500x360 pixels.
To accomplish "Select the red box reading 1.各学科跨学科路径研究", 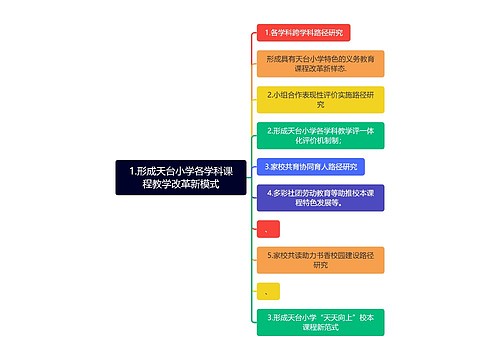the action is (303, 33).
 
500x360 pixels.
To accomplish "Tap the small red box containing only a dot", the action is (268, 229).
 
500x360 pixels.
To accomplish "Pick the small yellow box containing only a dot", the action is (268, 292).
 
